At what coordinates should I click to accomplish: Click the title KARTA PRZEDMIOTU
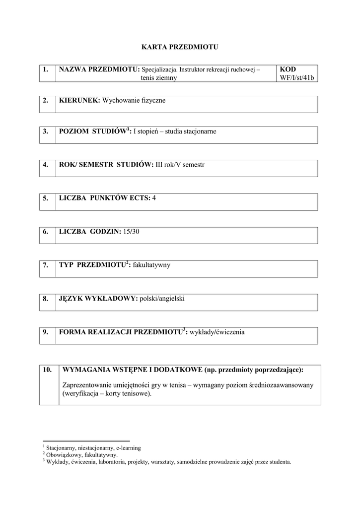coord(180,47)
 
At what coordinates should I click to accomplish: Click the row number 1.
coord(46,70)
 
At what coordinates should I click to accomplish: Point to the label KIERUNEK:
coord(79,101)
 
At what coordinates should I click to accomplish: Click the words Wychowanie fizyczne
coord(134,101)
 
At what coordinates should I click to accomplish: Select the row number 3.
coord(46,131)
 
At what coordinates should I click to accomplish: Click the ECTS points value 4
coord(154,198)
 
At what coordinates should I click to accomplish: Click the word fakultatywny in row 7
coord(151,265)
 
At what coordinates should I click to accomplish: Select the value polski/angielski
coord(162,299)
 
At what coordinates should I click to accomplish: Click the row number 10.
coord(48,370)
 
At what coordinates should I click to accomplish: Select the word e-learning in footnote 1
coord(128,447)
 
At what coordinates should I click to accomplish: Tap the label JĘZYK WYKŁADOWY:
coord(98,299)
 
